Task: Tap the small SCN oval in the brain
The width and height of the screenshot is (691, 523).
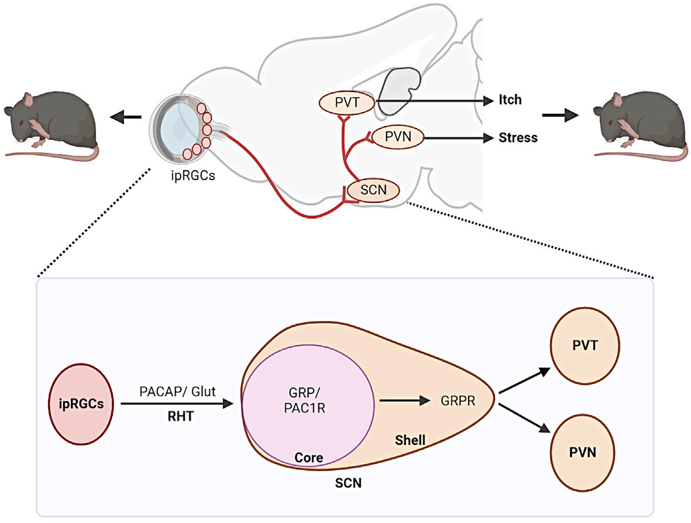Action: pyautogui.click(x=372, y=190)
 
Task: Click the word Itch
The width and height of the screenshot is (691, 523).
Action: pyautogui.click(x=510, y=100)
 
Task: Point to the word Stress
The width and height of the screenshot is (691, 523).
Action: pyautogui.click(x=518, y=137)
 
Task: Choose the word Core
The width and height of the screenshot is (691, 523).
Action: pyautogui.click(x=309, y=458)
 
